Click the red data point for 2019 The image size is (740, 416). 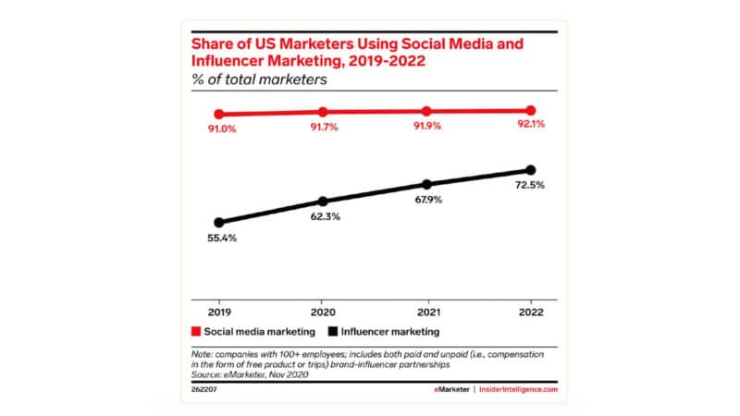[x=218, y=114]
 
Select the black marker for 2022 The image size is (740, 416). [x=530, y=170]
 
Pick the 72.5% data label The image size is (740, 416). [x=530, y=186]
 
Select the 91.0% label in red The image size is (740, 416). [x=219, y=129]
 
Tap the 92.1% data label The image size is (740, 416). [x=530, y=127]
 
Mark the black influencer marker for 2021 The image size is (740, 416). [x=426, y=185]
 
